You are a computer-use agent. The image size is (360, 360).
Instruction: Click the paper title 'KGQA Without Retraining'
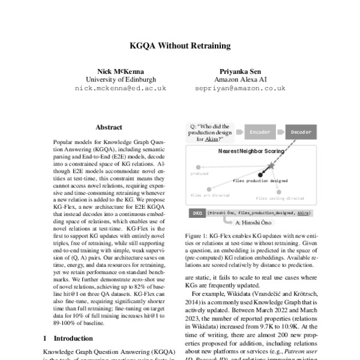pyautogui.click(x=180, y=46)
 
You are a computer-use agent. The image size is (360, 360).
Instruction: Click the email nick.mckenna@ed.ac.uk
pyautogui.click(x=121, y=88)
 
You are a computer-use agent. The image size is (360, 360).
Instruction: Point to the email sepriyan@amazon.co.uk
pyautogui.click(x=240, y=88)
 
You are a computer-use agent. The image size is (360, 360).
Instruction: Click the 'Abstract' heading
pyautogui.click(x=109, y=127)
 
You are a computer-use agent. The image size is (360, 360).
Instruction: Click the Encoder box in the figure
pyautogui.click(x=259, y=131)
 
